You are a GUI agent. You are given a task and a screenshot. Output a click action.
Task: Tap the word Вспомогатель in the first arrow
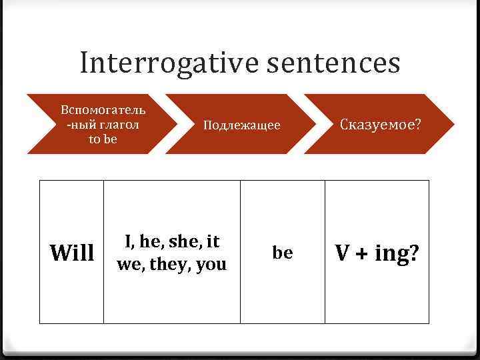(x=103, y=109)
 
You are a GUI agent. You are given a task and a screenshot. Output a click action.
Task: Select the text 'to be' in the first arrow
(x=103, y=139)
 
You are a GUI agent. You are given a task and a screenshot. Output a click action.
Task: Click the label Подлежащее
(x=241, y=125)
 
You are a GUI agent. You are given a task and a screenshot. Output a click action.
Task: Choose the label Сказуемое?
(x=381, y=125)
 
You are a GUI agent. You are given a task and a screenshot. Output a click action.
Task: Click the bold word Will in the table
(x=72, y=253)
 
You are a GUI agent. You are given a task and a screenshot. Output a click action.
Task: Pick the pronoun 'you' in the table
(x=212, y=265)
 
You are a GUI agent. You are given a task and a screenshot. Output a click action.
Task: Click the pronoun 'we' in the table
(x=129, y=265)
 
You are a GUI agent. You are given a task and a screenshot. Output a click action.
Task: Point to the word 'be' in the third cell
(x=283, y=253)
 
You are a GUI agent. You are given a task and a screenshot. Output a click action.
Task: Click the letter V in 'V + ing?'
(x=343, y=253)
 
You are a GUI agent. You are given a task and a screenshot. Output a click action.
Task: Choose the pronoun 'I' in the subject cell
(x=127, y=241)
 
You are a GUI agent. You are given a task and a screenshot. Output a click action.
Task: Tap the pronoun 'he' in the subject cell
(x=147, y=242)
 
